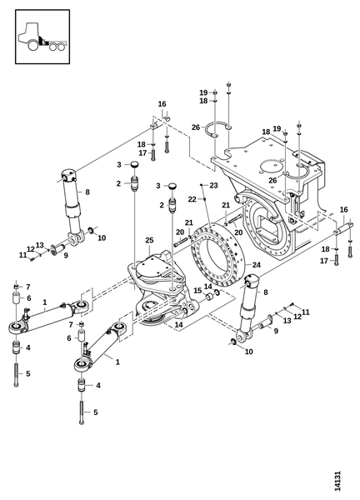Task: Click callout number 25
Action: pos(149,240)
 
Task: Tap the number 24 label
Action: pos(257,265)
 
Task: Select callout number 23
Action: pos(213,185)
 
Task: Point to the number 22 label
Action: pos(192,199)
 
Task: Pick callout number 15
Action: pos(197,291)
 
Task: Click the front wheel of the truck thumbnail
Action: pos(33,45)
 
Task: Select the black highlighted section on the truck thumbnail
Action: pos(42,41)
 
